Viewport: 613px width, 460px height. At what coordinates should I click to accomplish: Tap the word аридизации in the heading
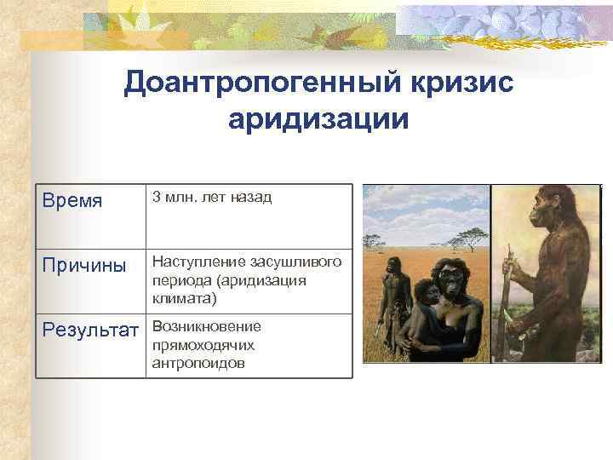pyautogui.click(x=318, y=118)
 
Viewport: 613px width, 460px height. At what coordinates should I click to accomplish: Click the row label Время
pyautogui.click(x=73, y=202)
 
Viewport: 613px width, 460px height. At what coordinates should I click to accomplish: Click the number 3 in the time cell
pyautogui.click(x=156, y=198)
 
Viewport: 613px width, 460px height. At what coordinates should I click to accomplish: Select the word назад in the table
pyautogui.click(x=251, y=198)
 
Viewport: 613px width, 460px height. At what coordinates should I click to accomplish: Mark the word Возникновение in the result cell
pyautogui.click(x=206, y=326)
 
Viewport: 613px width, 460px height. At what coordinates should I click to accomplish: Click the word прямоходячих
pyautogui.click(x=203, y=345)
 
